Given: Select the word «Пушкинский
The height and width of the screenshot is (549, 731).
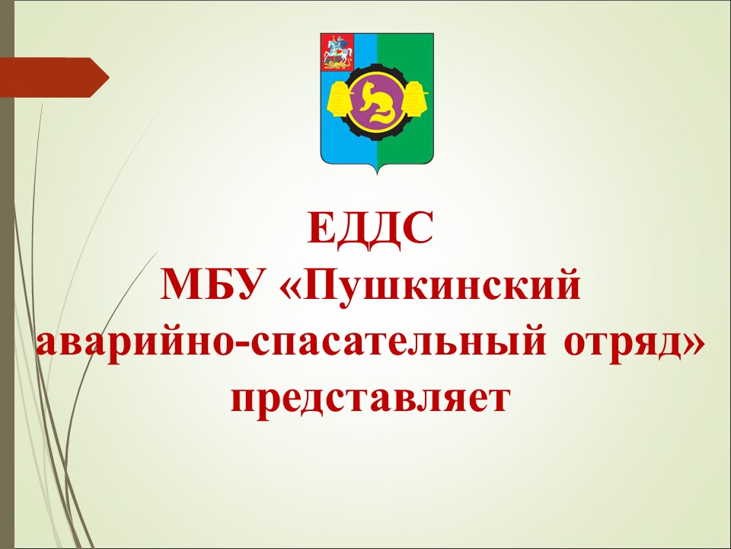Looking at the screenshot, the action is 431,287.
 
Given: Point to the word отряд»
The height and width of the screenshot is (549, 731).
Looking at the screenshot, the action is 635,345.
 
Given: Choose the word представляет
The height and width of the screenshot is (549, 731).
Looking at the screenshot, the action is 371,401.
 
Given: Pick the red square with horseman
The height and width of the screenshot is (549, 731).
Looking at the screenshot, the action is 337,52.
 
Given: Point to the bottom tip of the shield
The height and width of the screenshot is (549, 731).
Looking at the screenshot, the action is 377,175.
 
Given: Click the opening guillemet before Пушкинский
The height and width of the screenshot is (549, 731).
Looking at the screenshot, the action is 291,287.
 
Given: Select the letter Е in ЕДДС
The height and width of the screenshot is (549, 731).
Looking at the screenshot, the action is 320,229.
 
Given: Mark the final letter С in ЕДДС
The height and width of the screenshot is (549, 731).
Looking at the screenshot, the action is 419,229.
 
